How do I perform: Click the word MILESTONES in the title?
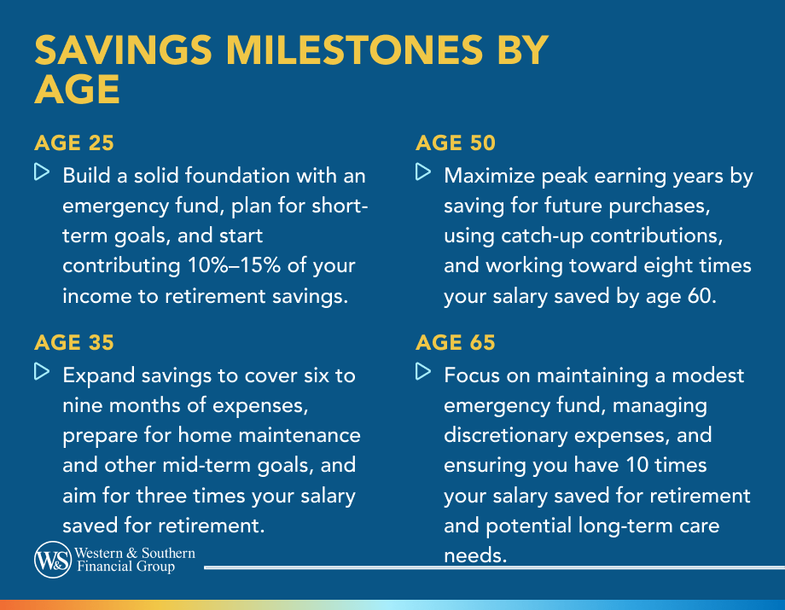(x=354, y=50)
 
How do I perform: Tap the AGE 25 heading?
(x=74, y=142)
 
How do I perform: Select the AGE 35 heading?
(x=74, y=342)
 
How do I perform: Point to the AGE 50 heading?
(x=456, y=142)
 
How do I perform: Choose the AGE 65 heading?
(x=456, y=342)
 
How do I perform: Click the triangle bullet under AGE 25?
(x=42, y=171)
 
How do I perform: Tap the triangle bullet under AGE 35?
(x=42, y=371)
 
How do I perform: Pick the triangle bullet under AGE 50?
(x=423, y=171)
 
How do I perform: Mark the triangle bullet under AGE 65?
(x=423, y=371)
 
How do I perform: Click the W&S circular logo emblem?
(x=53, y=560)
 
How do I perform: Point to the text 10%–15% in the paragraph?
(x=234, y=265)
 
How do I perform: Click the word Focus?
(x=472, y=375)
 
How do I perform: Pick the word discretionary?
(x=506, y=435)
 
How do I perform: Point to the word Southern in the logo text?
(x=168, y=553)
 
